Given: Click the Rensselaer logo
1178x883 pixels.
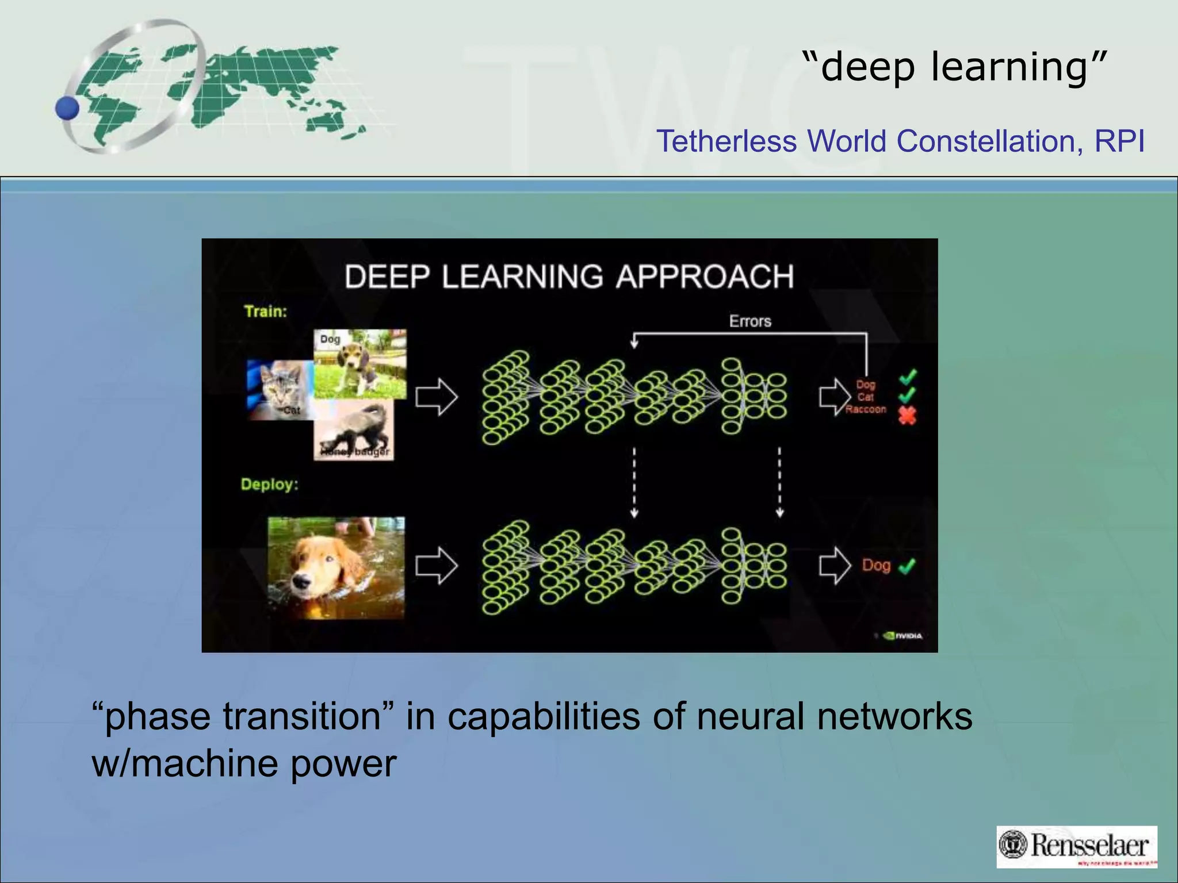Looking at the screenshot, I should pyautogui.click(x=1076, y=846).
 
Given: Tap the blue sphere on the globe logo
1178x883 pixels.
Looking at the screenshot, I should pyautogui.click(x=68, y=108).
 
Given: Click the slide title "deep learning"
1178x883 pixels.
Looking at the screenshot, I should pyautogui.click(x=954, y=67).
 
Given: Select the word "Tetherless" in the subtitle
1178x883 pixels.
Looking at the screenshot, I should pyautogui.click(x=726, y=141).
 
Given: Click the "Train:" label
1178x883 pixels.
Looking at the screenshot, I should pyautogui.click(x=265, y=312).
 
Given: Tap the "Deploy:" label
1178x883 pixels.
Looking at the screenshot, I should pyautogui.click(x=269, y=484).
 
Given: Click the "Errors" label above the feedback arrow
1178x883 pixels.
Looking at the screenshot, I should pyautogui.click(x=750, y=321).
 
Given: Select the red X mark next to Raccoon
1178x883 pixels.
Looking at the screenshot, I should pyautogui.click(x=907, y=416).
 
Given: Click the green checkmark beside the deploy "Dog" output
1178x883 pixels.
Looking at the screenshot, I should pyautogui.click(x=907, y=566).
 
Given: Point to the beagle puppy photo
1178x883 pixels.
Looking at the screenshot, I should pyautogui.click(x=360, y=364).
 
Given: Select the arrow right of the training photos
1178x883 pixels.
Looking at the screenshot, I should pyautogui.click(x=437, y=397).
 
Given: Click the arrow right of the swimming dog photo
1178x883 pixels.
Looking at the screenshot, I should pyautogui.click(x=437, y=565).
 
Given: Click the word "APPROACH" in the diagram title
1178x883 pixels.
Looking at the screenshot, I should pyautogui.click(x=705, y=277).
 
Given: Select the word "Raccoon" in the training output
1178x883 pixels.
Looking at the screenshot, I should pyautogui.click(x=866, y=409).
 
